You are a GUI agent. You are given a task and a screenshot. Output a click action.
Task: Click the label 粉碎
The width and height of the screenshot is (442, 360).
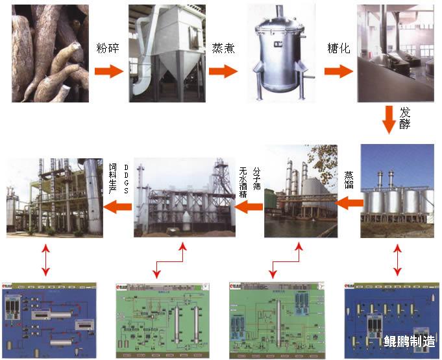tap(108, 49)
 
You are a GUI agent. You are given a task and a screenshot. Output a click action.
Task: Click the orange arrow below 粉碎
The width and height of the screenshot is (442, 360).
tap(108, 71)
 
